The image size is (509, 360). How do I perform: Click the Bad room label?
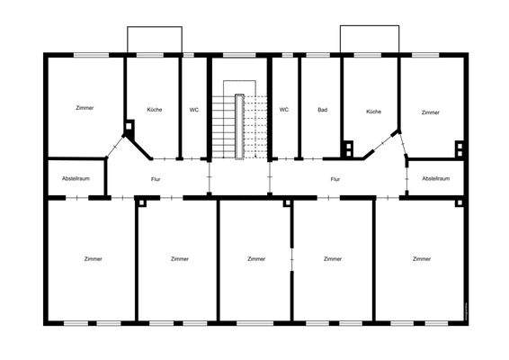[322, 110]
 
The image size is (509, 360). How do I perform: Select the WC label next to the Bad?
[284, 110]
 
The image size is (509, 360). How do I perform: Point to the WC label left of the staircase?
[194, 110]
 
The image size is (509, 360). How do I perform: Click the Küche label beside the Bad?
[374, 111]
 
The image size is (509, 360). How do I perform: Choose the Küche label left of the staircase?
[155, 110]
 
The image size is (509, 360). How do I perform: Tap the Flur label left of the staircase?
[156, 179]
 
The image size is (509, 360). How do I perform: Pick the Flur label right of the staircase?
[335, 179]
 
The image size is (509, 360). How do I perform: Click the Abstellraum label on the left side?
[76, 178]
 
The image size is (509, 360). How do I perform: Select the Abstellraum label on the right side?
[435, 178]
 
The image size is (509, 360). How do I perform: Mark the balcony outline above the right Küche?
[369, 39]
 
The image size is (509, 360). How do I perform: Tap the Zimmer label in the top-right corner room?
[431, 112]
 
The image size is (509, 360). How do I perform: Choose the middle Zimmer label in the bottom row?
[256, 258]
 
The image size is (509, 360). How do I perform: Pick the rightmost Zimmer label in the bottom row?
[421, 258]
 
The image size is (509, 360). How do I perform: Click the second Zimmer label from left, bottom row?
[180, 258]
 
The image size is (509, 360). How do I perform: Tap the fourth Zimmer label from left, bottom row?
[334, 258]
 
